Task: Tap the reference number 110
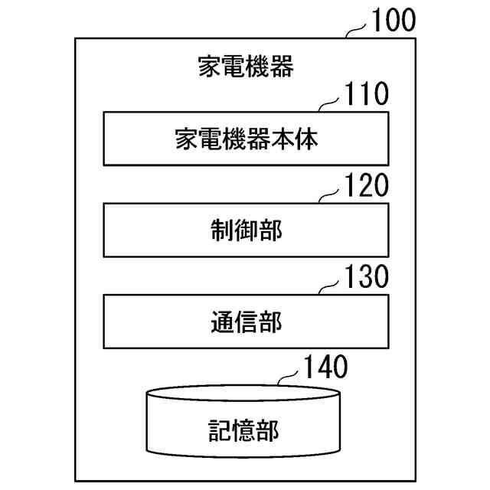(367, 96)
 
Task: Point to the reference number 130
(367, 276)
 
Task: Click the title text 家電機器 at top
(245, 67)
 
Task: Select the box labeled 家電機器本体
(245, 139)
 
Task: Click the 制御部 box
(245, 229)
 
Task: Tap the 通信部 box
(245, 320)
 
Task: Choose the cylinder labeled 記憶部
(245, 425)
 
